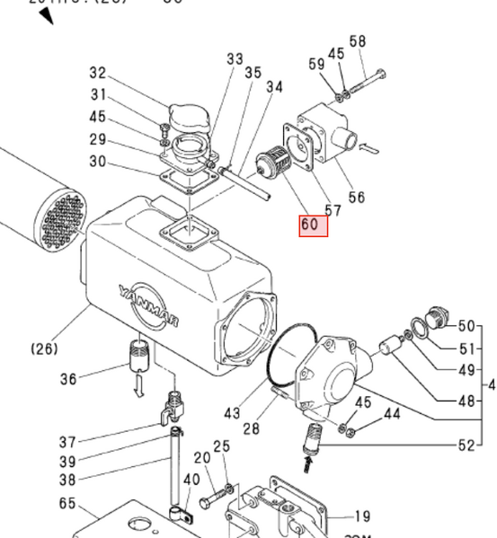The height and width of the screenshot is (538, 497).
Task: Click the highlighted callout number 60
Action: tap(314, 225)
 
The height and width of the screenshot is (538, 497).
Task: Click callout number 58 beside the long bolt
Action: tap(358, 41)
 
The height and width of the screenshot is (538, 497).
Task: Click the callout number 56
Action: tap(357, 197)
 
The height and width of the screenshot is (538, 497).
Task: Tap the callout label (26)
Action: tap(45, 347)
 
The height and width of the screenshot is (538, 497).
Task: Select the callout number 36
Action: tap(69, 379)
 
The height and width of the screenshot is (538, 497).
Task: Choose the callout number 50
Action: tap(466, 325)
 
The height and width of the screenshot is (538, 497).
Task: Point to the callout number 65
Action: tap(67, 504)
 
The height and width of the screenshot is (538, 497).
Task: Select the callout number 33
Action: tap(235, 59)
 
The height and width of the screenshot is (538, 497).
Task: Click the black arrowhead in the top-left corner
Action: tap(44, 15)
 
